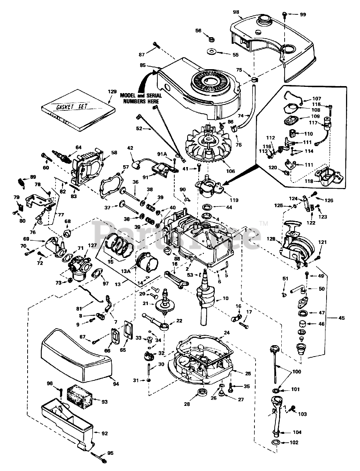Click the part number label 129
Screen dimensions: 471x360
click(113, 92)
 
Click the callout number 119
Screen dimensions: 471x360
click(234, 200)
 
